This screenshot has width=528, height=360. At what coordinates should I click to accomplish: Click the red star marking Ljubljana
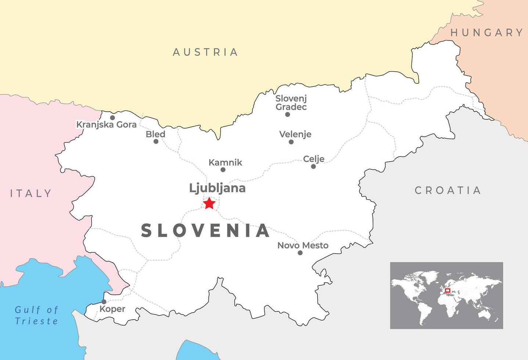pyautogui.click(x=209, y=203)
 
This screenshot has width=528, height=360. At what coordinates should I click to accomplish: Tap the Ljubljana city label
pyautogui.click(x=217, y=188)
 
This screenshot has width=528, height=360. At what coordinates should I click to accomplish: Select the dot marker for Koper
pyautogui.click(x=104, y=302)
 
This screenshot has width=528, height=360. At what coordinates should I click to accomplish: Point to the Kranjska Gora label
pyautogui.click(x=106, y=125)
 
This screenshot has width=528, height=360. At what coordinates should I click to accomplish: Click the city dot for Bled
pyautogui.click(x=156, y=141)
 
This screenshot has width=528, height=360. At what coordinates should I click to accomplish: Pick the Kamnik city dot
pyautogui.click(x=223, y=170)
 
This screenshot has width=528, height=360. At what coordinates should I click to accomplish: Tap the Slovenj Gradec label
pyautogui.click(x=291, y=102)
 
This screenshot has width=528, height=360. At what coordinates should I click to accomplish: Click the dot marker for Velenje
pyautogui.click(x=291, y=142)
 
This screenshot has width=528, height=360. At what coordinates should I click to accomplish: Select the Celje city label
pyautogui.click(x=313, y=159)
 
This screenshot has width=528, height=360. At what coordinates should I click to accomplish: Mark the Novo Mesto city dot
pyautogui.click(x=300, y=253)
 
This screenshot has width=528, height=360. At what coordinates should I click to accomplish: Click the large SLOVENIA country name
pyautogui.click(x=206, y=231)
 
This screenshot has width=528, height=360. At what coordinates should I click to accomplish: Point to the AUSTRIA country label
pyautogui.click(x=205, y=52)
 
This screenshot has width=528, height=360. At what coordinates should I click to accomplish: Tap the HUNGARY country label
pyautogui.click(x=486, y=33)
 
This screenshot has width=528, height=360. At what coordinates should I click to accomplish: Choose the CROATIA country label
pyautogui.click(x=448, y=190)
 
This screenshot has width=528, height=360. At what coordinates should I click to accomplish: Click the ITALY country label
pyautogui.click(x=31, y=193)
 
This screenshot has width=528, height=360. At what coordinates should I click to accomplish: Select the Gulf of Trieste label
pyautogui.click(x=36, y=315)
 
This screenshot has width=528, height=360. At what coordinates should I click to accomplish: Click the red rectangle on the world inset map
pyautogui.click(x=447, y=291)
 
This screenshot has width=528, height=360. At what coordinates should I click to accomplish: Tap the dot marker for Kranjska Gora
pyautogui.click(x=112, y=118)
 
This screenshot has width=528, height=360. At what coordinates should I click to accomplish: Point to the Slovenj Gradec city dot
pyautogui.click(x=287, y=115)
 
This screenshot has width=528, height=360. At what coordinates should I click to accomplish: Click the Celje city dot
pyautogui.click(x=313, y=166)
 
